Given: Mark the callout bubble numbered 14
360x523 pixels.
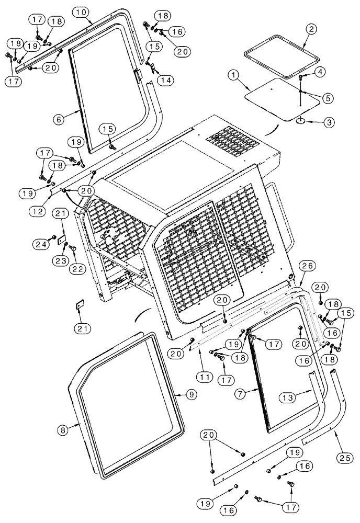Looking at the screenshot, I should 166,80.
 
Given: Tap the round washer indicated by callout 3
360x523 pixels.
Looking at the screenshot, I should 301,121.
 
